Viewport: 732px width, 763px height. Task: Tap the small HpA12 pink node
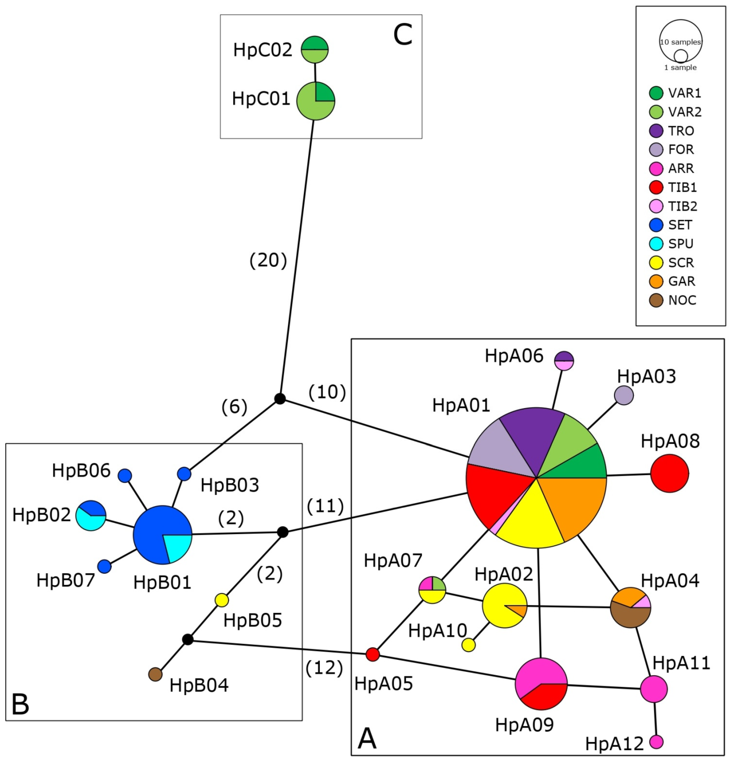656,742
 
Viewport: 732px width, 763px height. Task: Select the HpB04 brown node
155,674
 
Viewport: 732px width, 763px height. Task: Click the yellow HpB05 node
222,600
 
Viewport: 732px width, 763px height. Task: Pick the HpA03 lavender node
624,396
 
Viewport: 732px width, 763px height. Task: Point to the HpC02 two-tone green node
315,49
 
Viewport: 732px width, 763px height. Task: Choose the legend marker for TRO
656,131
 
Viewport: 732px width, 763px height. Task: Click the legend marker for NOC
656,300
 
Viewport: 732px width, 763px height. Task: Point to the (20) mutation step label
268,260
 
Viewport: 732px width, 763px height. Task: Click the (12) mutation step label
324,668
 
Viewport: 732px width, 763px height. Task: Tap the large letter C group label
402,35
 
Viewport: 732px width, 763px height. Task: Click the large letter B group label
20,704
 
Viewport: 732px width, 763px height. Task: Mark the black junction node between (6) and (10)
280,399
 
